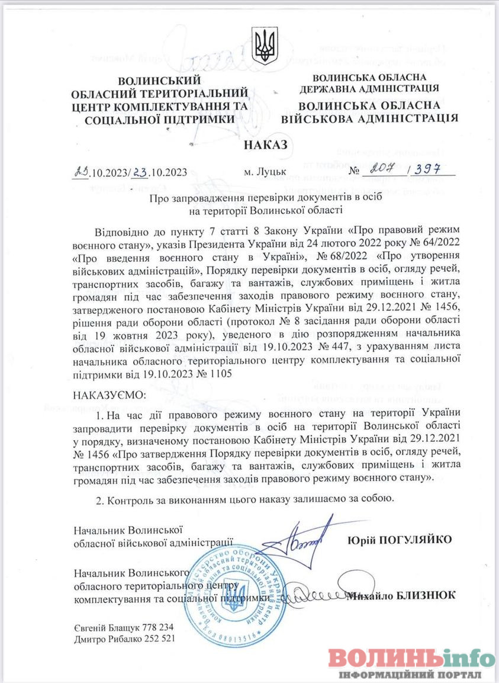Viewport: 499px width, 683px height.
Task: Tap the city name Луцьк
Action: point(263,173)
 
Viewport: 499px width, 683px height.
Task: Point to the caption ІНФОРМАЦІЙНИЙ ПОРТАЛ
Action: point(408,675)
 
